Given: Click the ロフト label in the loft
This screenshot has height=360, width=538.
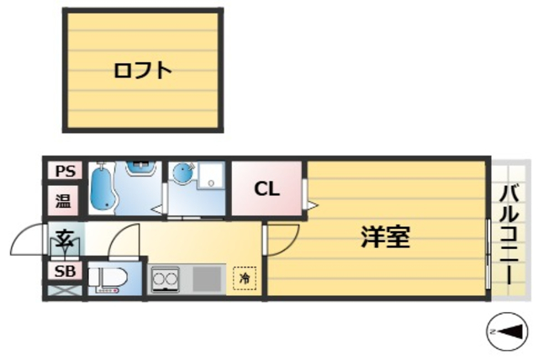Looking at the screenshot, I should point(143,71).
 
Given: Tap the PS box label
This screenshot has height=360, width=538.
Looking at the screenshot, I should point(65,172).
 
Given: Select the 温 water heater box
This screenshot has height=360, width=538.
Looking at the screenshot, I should point(64,201).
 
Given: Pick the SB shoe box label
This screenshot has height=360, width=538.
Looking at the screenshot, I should point(64,271).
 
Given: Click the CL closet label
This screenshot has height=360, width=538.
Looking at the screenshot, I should point(266,188).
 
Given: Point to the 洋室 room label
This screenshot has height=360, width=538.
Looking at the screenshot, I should point(385,239).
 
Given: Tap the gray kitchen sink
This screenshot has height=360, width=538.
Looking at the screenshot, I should point(208,278).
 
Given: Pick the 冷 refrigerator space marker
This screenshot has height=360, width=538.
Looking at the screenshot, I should point(245,278).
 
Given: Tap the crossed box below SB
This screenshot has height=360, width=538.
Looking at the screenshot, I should point(64,291).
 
